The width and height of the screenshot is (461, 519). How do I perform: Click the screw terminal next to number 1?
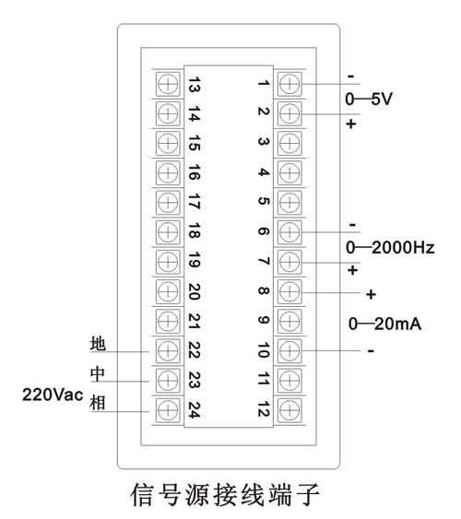coord(290,84)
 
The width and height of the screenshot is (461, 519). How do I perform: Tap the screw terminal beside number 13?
coord(168,84)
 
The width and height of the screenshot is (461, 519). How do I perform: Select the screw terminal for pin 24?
coord(168,410)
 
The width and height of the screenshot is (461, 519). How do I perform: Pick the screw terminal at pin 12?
coord(290,410)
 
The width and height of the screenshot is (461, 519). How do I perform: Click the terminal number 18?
coord(195,230)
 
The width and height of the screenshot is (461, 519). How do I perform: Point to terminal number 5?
coord(264,201)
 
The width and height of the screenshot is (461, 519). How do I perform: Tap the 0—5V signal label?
coord(369,99)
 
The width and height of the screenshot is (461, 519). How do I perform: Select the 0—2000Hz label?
coord(390,248)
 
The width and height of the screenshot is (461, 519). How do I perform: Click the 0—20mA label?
coord(384,324)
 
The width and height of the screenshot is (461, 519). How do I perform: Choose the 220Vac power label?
coord(53,395)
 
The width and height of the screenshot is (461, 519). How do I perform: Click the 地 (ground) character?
coord(98,344)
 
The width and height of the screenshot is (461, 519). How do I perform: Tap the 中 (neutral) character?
coord(98,373)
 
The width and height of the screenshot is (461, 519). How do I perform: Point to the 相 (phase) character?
coord(98,403)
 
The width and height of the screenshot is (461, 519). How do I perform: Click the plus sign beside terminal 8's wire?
coord(371,294)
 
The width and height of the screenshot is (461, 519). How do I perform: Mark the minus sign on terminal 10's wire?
coord(371,351)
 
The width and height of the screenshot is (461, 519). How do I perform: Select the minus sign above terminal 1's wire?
coord(350,77)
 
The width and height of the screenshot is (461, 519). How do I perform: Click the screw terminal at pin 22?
coord(168,351)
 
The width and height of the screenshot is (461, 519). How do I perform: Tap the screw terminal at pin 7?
coord(290,262)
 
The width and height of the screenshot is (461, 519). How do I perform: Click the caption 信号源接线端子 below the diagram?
coord(225,494)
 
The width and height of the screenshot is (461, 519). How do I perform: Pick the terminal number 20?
coord(195,291)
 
